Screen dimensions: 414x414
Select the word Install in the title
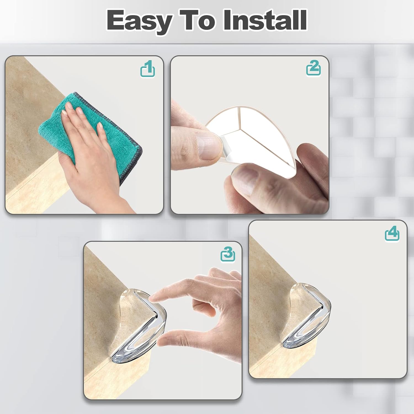pos(265,20)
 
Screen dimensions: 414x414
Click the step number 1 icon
pos(148,69)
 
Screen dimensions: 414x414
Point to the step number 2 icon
pos(314,68)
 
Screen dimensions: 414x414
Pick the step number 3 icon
pos(228,254)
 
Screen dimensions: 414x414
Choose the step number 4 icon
pos(392,234)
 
